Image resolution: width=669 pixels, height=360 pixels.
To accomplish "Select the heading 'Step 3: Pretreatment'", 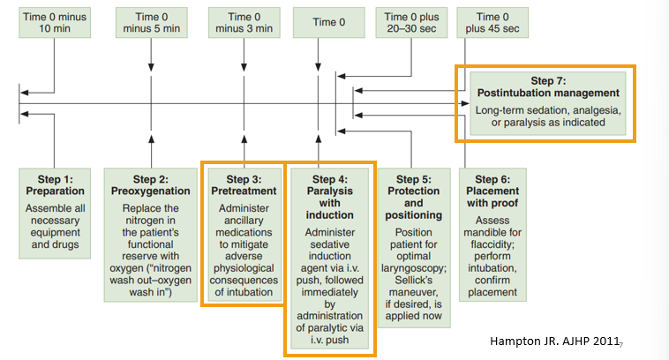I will click(x=243, y=184).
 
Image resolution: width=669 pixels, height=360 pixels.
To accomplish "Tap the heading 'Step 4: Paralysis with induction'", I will click(x=329, y=196).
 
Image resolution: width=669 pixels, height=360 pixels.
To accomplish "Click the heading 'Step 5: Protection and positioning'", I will click(x=415, y=196).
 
